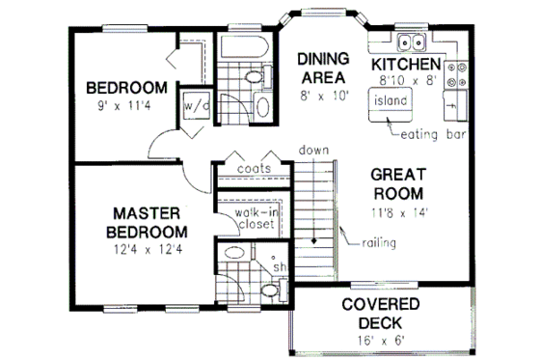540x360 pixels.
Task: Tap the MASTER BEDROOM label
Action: pyautogui.click(x=148, y=221)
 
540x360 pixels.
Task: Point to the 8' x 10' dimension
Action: pyautogui.click(x=321, y=97)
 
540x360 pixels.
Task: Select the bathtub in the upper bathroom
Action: pyautogui.click(x=247, y=47)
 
